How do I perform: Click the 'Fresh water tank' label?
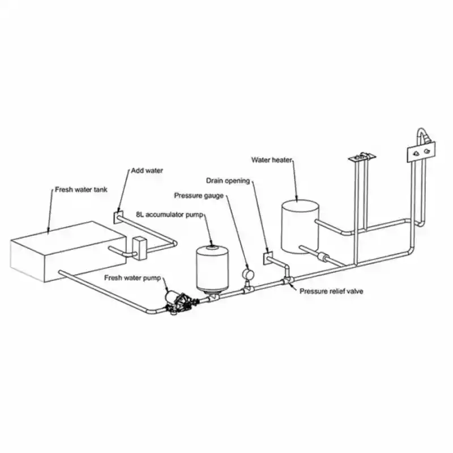(81, 190)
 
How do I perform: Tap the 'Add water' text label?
(147, 170)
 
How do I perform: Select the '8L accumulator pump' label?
(169, 215)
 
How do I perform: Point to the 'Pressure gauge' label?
(199, 195)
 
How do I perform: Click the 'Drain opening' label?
(228, 181)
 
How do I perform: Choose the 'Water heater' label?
(272, 160)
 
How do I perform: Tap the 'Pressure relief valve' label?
(331, 291)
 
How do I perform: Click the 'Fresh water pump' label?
(133, 278)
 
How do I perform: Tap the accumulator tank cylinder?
(212, 267)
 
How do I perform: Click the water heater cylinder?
(300, 227)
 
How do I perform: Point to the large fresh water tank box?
(68, 251)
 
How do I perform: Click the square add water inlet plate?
(118, 217)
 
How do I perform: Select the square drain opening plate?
(268, 258)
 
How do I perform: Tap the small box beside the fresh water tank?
(140, 249)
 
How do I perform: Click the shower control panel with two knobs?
(421, 152)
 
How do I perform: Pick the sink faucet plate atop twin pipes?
(362, 157)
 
